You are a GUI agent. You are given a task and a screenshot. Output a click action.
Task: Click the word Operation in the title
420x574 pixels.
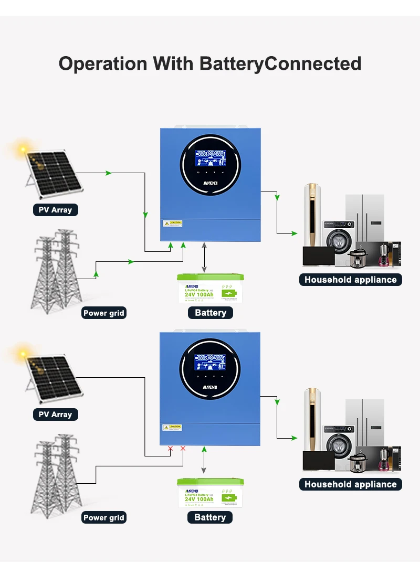click(x=103, y=64)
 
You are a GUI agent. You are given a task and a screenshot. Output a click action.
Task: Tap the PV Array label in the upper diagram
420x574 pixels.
click(x=55, y=210)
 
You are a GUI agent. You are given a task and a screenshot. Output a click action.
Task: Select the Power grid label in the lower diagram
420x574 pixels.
click(x=104, y=517)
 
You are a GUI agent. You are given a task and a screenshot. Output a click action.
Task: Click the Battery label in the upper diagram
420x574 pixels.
click(x=210, y=313)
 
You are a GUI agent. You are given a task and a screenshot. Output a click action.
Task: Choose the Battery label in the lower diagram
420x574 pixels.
click(x=210, y=517)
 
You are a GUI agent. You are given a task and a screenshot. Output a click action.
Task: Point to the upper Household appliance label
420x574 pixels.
click(x=350, y=280)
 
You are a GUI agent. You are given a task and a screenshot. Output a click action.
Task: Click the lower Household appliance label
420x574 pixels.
click(x=350, y=484)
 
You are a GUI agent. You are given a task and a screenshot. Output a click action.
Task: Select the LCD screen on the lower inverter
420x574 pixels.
click(x=209, y=363)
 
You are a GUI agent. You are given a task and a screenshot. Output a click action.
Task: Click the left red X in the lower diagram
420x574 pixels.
click(x=170, y=449)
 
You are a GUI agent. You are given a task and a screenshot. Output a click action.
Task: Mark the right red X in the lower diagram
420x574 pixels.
click(x=183, y=449)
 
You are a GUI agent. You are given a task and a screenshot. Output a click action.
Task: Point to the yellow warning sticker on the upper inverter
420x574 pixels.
click(x=172, y=223)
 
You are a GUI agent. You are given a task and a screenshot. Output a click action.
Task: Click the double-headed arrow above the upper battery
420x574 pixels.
click(x=205, y=257)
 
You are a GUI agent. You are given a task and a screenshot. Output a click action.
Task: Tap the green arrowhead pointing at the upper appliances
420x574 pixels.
click(x=293, y=233)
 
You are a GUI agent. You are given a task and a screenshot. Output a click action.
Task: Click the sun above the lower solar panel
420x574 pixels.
click(x=23, y=355)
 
